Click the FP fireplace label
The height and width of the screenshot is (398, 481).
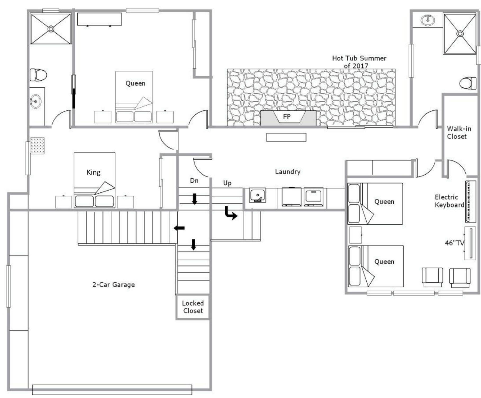pyautogui.click(x=287, y=116)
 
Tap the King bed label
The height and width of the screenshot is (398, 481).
pyautogui.click(x=94, y=173)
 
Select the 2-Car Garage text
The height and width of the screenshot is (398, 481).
pyautogui.click(x=114, y=285)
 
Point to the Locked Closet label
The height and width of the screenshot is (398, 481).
pyautogui.click(x=193, y=307)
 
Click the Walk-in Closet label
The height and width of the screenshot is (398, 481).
pyautogui.click(x=459, y=133)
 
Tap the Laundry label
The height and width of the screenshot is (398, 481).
pyautogui.click(x=288, y=172)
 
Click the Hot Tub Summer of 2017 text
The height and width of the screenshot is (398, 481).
pyautogui.click(x=359, y=62)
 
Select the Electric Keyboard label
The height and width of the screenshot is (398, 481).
pyautogui.click(x=449, y=201)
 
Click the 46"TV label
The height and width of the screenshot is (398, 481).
pyautogui.click(x=455, y=243)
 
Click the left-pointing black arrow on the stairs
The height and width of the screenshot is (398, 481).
pyautogui.click(x=179, y=228)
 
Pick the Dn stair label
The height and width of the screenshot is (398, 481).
pyautogui.click(x=194, y=181)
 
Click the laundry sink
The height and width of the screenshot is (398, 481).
pyautogui.click(x=257, y=196)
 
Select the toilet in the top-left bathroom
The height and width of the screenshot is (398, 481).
pyautogui.click(x=38, y=75)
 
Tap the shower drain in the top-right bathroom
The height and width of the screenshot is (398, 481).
pyautogui.click(x=460, y=34)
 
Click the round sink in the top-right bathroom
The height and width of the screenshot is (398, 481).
pyautogui.click(x=428, y=20)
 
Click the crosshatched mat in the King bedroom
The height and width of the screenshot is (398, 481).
pyautogui.click(x=37, y=146)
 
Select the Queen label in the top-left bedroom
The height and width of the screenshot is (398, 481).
pyautogui.click(x=135, y=84)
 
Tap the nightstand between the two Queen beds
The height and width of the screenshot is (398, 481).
pyautogui.click(x=356, y=235)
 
